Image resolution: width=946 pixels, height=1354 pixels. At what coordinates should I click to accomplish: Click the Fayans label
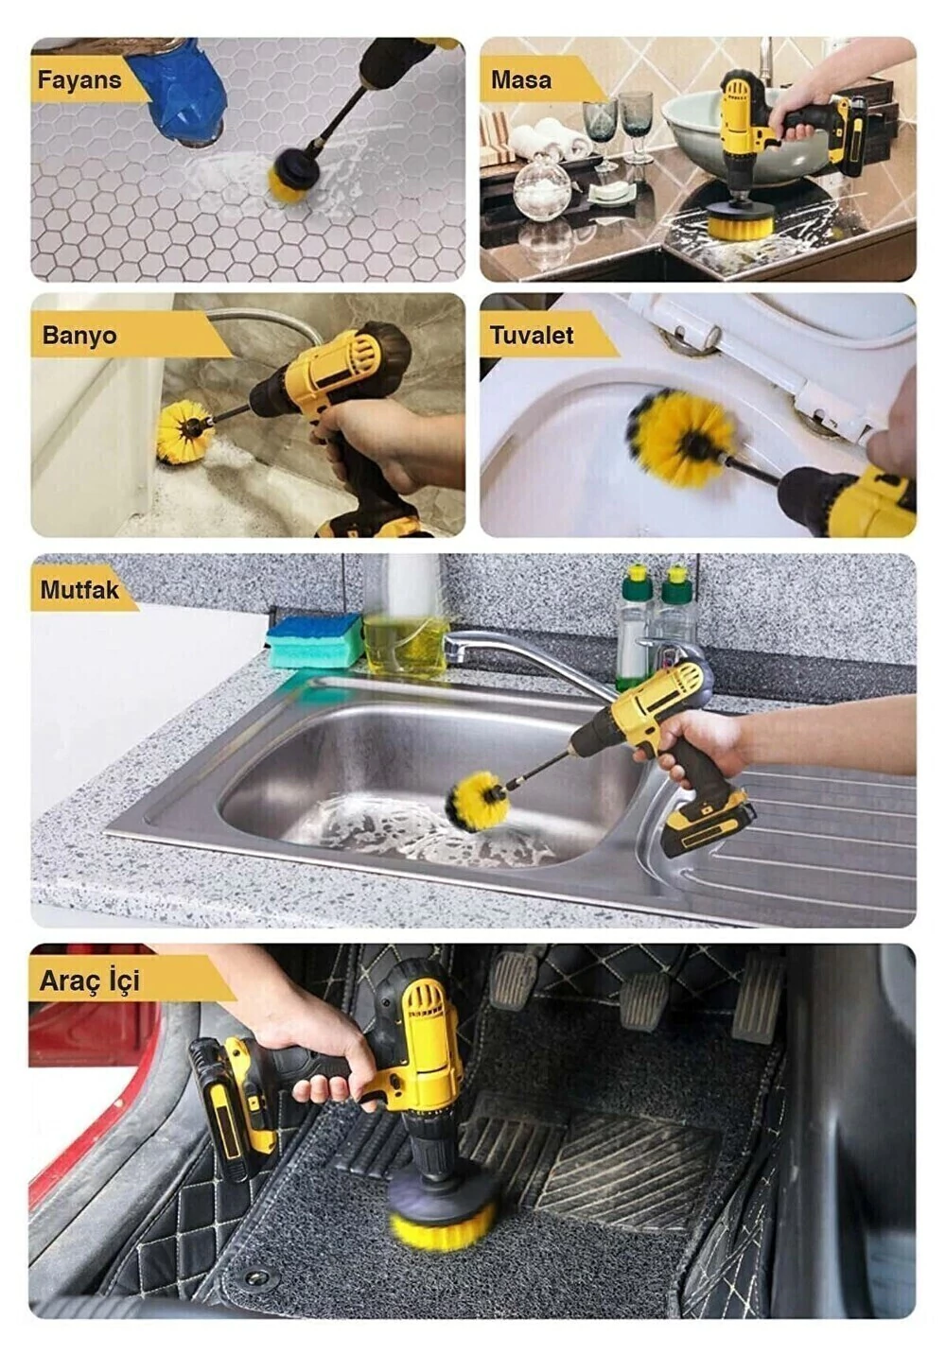79,79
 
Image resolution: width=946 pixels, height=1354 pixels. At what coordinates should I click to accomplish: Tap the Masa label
521,79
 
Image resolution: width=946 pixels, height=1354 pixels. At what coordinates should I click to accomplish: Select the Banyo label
79,336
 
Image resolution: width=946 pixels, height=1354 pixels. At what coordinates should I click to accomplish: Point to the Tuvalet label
532,336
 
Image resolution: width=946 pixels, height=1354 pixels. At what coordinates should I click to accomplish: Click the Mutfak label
79,590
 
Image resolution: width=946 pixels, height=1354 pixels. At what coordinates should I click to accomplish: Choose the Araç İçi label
90,981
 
